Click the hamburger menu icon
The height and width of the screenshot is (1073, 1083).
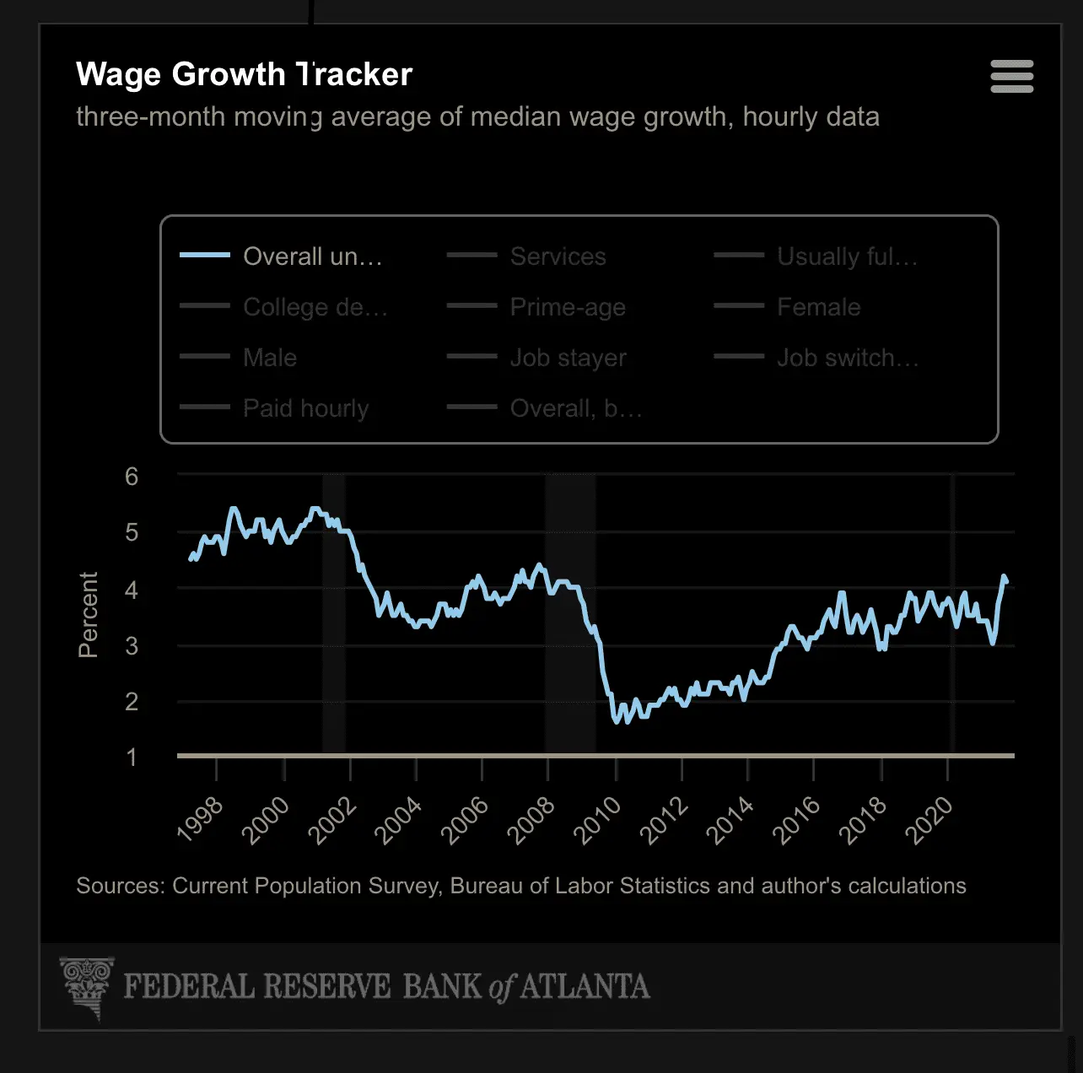pos(1011,77)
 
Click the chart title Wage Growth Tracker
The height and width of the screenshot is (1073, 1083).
pos(244,74)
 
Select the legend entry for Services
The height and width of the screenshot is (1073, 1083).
pos(558,256)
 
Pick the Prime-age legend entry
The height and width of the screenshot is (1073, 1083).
pos(568,307)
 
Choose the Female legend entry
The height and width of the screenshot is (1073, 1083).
pos(818,307)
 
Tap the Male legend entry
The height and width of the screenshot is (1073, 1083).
pos(270,358)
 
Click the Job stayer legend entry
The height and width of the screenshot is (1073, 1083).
pos(568,358)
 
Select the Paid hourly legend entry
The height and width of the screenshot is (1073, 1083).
pos(305,408)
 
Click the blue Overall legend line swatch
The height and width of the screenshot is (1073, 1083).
pos(205,255)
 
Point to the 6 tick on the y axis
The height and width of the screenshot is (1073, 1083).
pos(132,477)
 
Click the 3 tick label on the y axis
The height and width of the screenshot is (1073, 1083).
pos(132,646)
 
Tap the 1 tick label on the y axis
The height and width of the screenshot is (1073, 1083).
pos(132,758)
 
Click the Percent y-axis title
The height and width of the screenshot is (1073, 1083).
pos(89,614)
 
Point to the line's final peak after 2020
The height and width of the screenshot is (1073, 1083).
pos(1004,577)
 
